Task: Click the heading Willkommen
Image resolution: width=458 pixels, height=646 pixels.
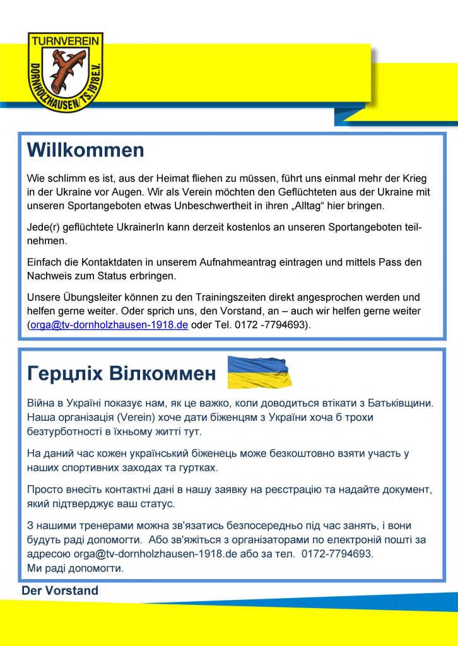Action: tap(85, 150)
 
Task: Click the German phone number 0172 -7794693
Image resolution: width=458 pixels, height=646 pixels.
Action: tap(269, 325)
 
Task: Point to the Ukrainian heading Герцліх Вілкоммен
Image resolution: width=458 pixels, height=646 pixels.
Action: tap(122, 374)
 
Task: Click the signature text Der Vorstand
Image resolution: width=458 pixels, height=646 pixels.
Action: tap(60, 591)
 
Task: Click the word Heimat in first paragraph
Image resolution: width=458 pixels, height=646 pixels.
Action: tap(175, 179)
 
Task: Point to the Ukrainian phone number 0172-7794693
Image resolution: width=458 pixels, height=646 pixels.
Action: tap(337, 553)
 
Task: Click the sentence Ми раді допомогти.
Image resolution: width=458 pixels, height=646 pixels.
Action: tap(75, 568)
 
